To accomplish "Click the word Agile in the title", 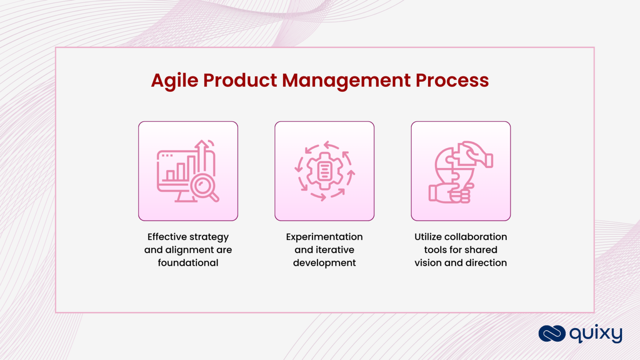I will point(175,80).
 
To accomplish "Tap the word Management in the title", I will point(346,80).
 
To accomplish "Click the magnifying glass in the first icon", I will point(204,186).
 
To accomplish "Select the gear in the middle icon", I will point(325,171).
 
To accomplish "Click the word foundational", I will point(188,263).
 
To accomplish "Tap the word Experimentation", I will point(324,237).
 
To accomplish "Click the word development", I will point(324,263).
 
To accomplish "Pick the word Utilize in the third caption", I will point(428,237).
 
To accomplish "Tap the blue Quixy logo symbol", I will point(552,334).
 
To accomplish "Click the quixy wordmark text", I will point(596,334).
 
